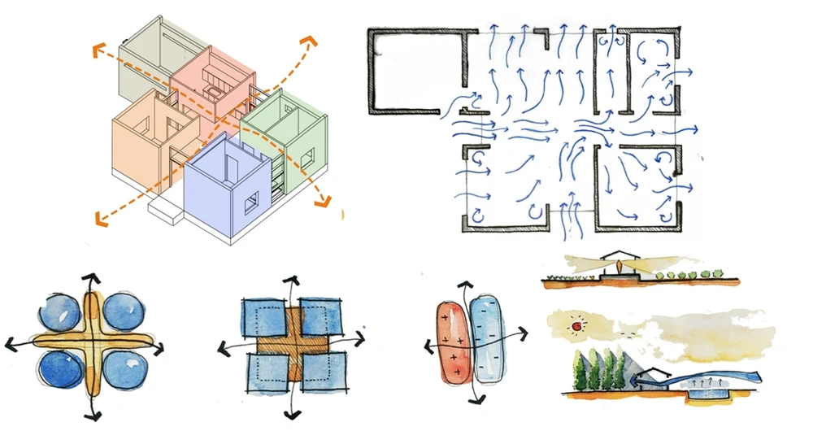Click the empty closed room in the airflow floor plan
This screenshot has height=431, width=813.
click(x=415, y=69)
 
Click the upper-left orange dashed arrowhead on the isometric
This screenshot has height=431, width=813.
click(x=97, y=51)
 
